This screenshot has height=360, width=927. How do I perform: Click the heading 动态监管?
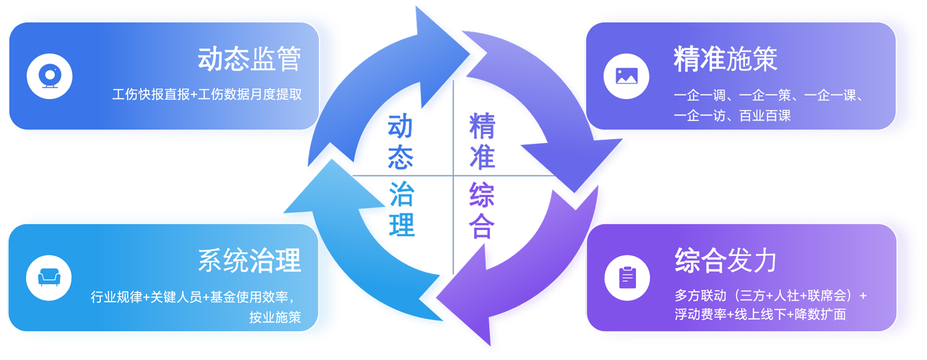pyautogui.click(x=249, y=59)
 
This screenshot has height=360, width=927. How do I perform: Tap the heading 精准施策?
pyautogui.click(x=725, y=59)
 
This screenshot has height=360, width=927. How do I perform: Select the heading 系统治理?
pyautogui.click(x=249, y=261)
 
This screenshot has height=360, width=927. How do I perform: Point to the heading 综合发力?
pyautogui.click(x=725, y=261)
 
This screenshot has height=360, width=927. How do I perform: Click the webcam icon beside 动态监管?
pyautogui.click(x=49, y=76)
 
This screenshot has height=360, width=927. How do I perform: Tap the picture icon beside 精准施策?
pyautogui.click(x=626, y=76)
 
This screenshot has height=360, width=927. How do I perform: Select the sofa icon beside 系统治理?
pyautogui.click(x=49, y=277)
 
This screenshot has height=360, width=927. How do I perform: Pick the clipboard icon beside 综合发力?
pyautogui.click(x=627, y=278)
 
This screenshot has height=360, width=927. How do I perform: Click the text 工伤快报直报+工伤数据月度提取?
pyautogui.click(x=207, y=94)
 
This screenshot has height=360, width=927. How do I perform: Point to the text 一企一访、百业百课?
pyautogui.click(x=732, y=116)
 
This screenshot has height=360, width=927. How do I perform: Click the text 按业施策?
pyautogui.click(x=275, y=317)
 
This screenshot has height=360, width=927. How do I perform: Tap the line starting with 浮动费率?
pyautogui.click(x=760, y=315)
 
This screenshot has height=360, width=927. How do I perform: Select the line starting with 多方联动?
pyautogui.click(x=770, y=295)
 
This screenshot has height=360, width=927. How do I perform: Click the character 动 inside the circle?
pyautogui.click(x=400, y=126)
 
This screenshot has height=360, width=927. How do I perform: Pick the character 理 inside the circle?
pyautogui.click(x=402, y=225)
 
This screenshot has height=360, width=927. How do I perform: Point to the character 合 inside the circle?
pyautogui.click(x=481, y=226)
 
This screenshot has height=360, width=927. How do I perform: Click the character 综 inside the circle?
pyautogui.click(x=482, y=195)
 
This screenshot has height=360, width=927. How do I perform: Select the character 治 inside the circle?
pyautogui.click(x=402, y=194)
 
